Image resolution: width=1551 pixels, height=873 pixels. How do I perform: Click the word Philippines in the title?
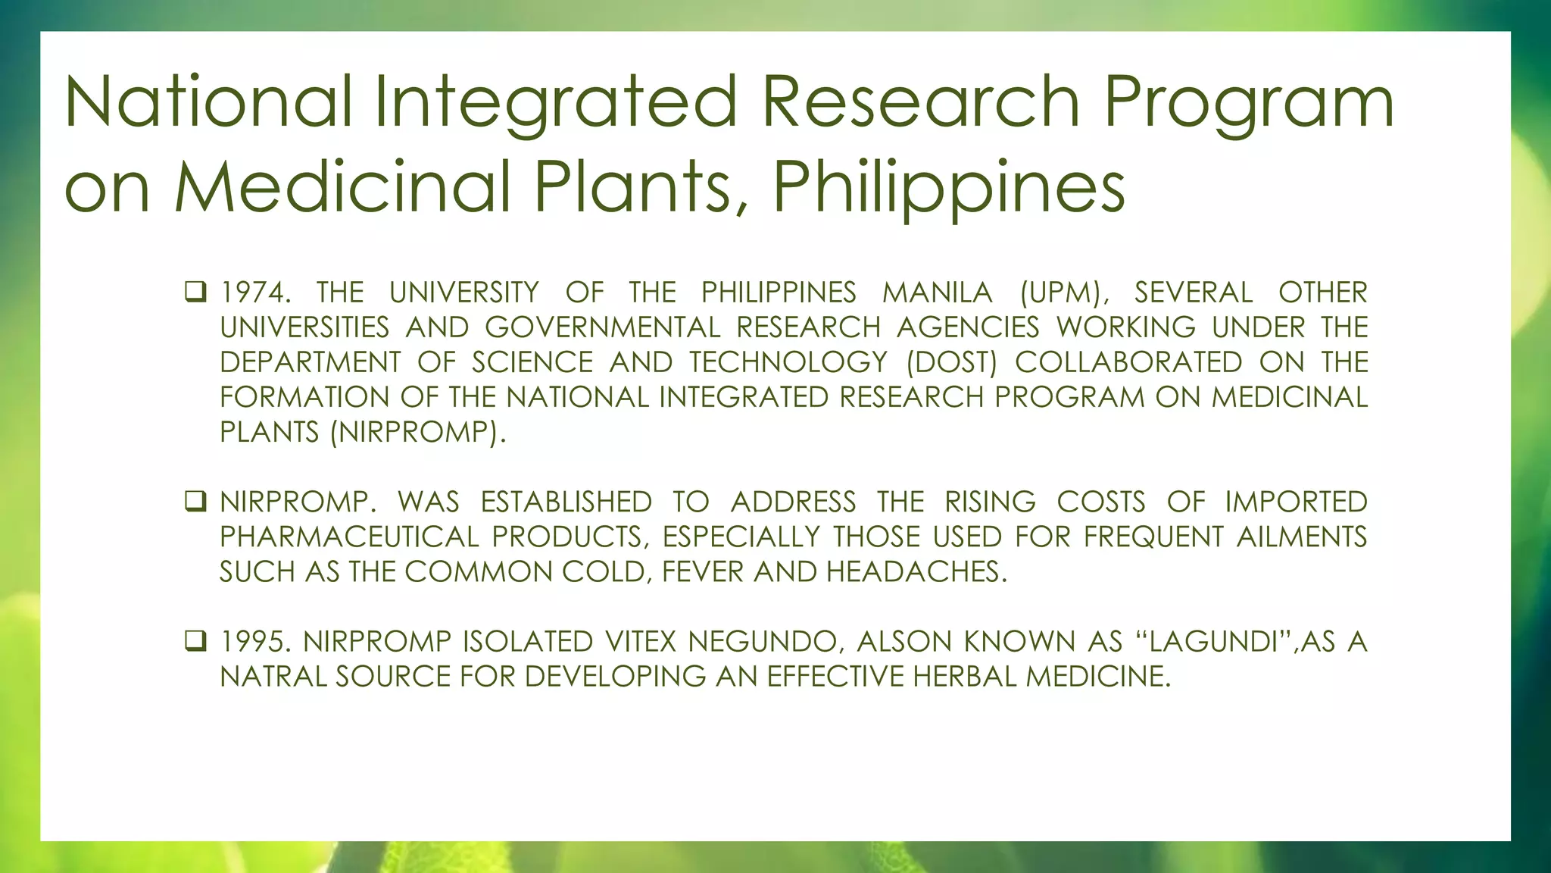point(948,187)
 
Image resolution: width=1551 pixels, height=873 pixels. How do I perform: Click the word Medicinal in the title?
point(343,187)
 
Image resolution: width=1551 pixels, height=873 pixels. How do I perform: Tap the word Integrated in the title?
point(555,102)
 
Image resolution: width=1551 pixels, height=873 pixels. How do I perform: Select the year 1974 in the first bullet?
point(254,293)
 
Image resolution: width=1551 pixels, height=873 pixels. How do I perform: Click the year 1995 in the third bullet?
point(254,642)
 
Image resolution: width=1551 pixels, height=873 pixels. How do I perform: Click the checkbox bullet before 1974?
point(195,292)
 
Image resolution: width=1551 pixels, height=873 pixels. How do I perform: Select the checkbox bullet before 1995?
point(195,641)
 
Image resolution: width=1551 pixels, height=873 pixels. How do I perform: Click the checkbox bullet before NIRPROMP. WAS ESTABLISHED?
point(195,501)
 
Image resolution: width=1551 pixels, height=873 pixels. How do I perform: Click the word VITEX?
point(640,642)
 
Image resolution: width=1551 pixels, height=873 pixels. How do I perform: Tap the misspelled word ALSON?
point(903,642)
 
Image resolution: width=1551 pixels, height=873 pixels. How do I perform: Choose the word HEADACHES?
point(916,572)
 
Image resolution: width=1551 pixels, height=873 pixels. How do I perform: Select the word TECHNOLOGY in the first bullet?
point(788,362)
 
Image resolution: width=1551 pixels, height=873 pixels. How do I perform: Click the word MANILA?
point(937,293)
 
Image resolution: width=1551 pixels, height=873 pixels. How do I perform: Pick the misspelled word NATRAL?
point(272,677)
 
